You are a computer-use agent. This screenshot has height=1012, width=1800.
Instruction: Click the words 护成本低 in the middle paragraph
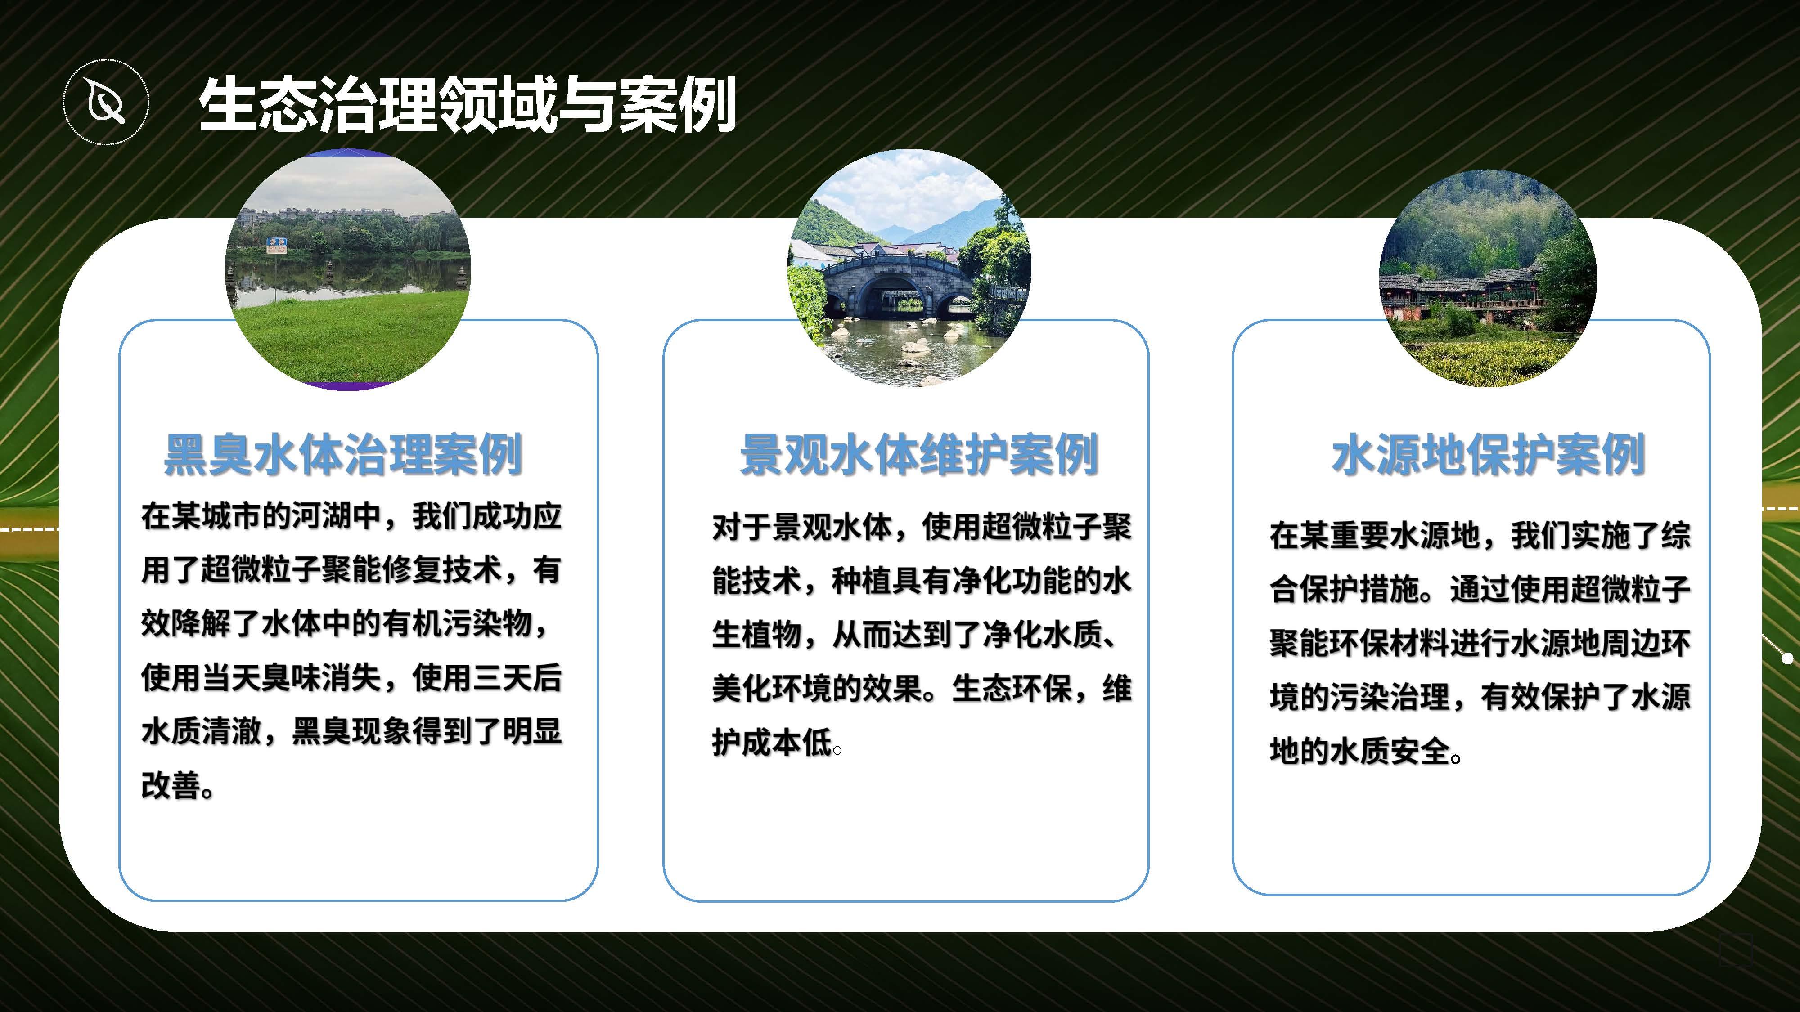(772, 742)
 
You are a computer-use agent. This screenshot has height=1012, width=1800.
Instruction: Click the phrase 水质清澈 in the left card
(201, 731)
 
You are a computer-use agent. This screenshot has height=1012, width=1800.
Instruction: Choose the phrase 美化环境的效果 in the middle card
(817, 688)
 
